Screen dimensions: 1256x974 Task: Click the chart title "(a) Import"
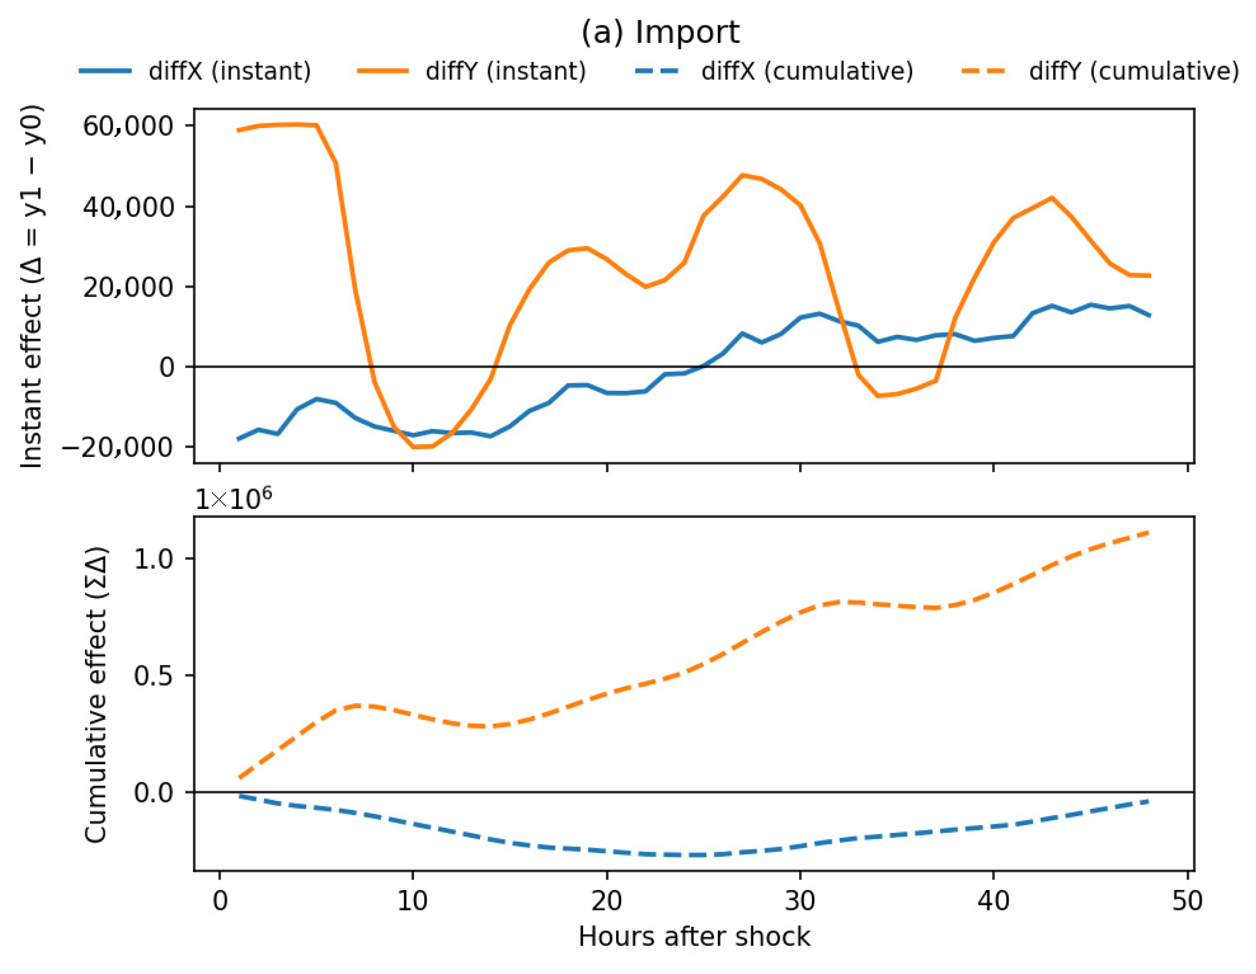tap(660, 32)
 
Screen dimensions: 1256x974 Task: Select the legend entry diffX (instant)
tap(196, 71)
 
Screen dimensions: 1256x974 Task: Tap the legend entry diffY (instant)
tap(472, 71)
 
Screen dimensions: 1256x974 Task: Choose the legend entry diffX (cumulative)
tap(774, 71)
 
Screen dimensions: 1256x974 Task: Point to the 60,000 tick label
tap(127, 126)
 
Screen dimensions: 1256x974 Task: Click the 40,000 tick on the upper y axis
tap(127, 207)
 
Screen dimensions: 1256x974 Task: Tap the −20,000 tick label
tap(118, 447)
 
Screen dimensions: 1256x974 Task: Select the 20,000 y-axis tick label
tap(127, 287)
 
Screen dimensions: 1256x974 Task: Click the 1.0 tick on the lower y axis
tap(154, 558)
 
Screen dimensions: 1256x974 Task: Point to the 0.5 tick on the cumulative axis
tap(154, 675)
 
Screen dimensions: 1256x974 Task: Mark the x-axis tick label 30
tap(800, 901)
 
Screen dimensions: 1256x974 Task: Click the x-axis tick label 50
tap(1187, 901)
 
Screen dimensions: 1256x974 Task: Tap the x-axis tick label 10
tap(412, 901)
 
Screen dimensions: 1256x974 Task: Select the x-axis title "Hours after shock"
tap(694, 937)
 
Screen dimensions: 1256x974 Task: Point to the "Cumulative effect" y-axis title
tap(96, 695)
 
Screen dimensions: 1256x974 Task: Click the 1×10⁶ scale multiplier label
tap(233, 498)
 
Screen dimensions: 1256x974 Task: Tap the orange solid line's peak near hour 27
tap(743, 175)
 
